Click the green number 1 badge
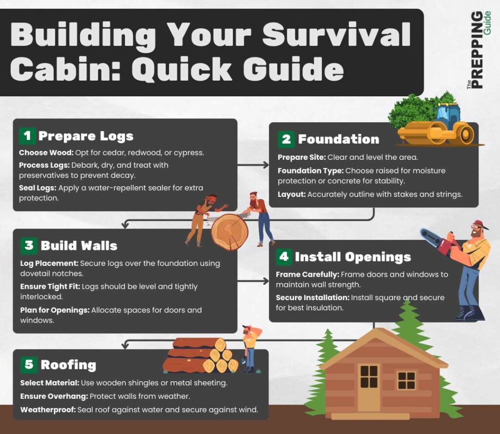click(x=27, y=136)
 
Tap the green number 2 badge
click(x=286, y=139)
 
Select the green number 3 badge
click(x=29, y=245)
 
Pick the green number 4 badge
click(x=284, y=257)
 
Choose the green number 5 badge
click(x=29, y=364)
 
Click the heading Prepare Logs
click(x=86, y=136)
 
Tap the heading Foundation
click(x=338, y=139)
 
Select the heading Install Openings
click(x=353, y=257)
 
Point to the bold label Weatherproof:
click(x=48, y=410)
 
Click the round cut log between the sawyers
click(x=229, y=232)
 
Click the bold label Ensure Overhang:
click(x=51, y=396)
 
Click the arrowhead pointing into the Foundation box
click(x=266, y=165)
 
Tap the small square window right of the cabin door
click(x=406, y=380)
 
